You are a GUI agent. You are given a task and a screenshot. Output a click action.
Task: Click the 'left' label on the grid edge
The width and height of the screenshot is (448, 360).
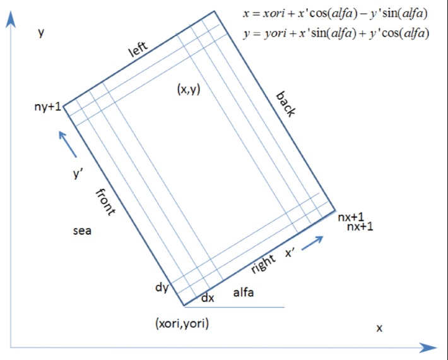click(x=138, y=49)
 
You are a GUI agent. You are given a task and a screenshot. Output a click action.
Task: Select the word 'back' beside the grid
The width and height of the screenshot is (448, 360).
click(x=285, y=104)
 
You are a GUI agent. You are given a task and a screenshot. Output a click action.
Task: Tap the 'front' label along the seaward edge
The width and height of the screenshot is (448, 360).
click(x=105, y=202)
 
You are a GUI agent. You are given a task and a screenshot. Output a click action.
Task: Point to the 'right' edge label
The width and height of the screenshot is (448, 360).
click(x=263, y=263)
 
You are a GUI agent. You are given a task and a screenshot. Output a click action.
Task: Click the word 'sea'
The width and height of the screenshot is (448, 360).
click(x=82, y=231)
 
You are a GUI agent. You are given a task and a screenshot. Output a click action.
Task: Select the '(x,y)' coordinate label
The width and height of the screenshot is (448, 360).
click(x=189, y=90)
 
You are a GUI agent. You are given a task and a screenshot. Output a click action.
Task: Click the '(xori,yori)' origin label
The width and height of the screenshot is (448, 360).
click(x=182, y=323)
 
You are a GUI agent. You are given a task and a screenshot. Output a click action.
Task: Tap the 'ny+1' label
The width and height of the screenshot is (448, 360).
click(x=48, y=107)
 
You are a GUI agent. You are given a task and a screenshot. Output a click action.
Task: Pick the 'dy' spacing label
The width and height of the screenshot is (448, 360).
click(x=162, y=287)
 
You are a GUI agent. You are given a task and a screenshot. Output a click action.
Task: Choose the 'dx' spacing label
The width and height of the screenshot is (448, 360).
click(x=208, y=298)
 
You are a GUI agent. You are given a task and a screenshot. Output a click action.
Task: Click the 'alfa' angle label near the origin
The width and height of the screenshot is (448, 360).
click(x=244, y=292)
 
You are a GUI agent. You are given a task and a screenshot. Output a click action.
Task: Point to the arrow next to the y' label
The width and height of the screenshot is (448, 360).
click(x=68, y=144)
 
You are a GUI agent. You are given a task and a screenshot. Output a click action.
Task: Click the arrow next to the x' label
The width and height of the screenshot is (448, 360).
click(x=312, y=243)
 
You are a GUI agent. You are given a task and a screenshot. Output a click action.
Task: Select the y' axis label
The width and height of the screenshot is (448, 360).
click(x=78, y=173)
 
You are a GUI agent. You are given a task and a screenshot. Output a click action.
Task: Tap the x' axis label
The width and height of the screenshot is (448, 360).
click(x=290, y=253)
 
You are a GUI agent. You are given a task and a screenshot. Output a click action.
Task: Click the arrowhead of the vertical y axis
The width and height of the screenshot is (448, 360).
click(x=11, y=20)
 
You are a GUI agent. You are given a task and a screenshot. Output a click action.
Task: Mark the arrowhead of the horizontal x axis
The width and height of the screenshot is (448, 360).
click(x=428, y=348)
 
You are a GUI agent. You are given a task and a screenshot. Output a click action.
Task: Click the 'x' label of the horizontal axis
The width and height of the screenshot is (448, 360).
click(x=379, y=328)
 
